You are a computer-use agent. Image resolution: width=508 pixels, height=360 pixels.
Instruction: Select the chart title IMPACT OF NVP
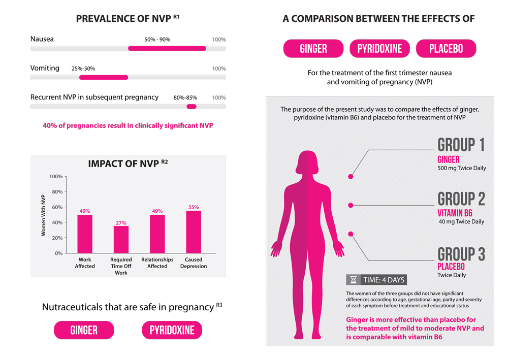point(124,164)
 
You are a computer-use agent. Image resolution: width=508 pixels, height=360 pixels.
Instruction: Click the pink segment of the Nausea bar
point(167,49)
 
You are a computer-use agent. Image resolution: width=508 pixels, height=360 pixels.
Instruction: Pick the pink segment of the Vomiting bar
point(104,78)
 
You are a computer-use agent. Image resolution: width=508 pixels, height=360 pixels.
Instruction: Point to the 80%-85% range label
point(185,97)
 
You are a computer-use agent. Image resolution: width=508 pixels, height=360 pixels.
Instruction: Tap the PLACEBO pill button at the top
point(446,49)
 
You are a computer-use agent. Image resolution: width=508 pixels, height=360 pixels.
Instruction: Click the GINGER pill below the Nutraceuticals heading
point(84,331)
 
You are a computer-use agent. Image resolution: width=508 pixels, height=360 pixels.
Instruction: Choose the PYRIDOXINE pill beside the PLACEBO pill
point(379,49)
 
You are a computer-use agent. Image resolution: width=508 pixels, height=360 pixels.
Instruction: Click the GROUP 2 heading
point(461,199)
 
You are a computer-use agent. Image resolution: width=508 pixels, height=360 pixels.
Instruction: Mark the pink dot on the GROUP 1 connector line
point(351,177)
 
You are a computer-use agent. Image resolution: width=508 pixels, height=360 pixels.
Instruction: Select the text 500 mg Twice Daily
point(462,168)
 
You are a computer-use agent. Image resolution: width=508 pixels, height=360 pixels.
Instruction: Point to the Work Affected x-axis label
point(85,263)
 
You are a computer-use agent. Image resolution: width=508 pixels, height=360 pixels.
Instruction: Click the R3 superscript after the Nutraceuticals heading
point(219,305)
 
